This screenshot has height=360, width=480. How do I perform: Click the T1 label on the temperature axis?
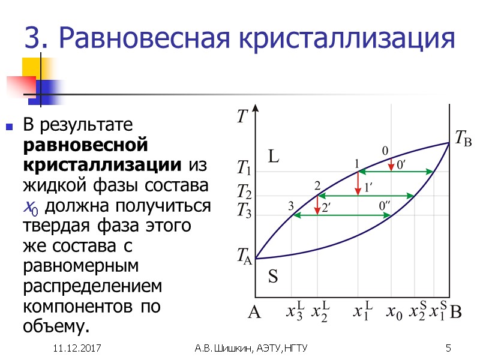click(x=244, y=167)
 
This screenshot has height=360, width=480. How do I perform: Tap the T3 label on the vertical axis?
click(x=244, y=211)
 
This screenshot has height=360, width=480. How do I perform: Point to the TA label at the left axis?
click(x=244, y=259)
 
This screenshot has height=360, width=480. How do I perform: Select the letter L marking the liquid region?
click(x=274, y=157)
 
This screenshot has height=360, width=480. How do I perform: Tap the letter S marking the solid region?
click(x=273, y=277)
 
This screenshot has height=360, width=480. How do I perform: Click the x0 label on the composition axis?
click(x=394, y=313)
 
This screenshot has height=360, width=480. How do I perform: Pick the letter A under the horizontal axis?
click(x=254, y=313)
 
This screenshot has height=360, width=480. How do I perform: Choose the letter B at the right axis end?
click(x=456, y=313)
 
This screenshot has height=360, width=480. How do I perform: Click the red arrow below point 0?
click(x=391, y=164)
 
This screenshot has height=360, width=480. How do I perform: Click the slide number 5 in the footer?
click(x=448, y=349)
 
